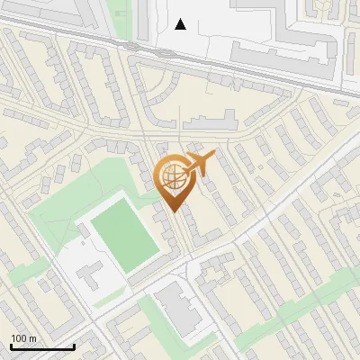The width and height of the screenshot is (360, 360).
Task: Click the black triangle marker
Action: [x=181, y=24]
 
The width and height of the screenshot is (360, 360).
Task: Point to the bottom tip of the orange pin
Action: [x=174, y=212]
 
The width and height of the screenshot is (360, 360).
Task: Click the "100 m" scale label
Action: [x=23, y=338]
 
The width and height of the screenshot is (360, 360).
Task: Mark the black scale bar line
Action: [x=41, y=347]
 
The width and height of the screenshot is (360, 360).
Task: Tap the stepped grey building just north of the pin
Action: [x=211, y=121]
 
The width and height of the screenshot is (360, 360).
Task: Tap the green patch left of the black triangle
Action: [x=119, y=18]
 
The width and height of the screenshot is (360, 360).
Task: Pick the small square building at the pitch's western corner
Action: [x=84, y=229]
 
